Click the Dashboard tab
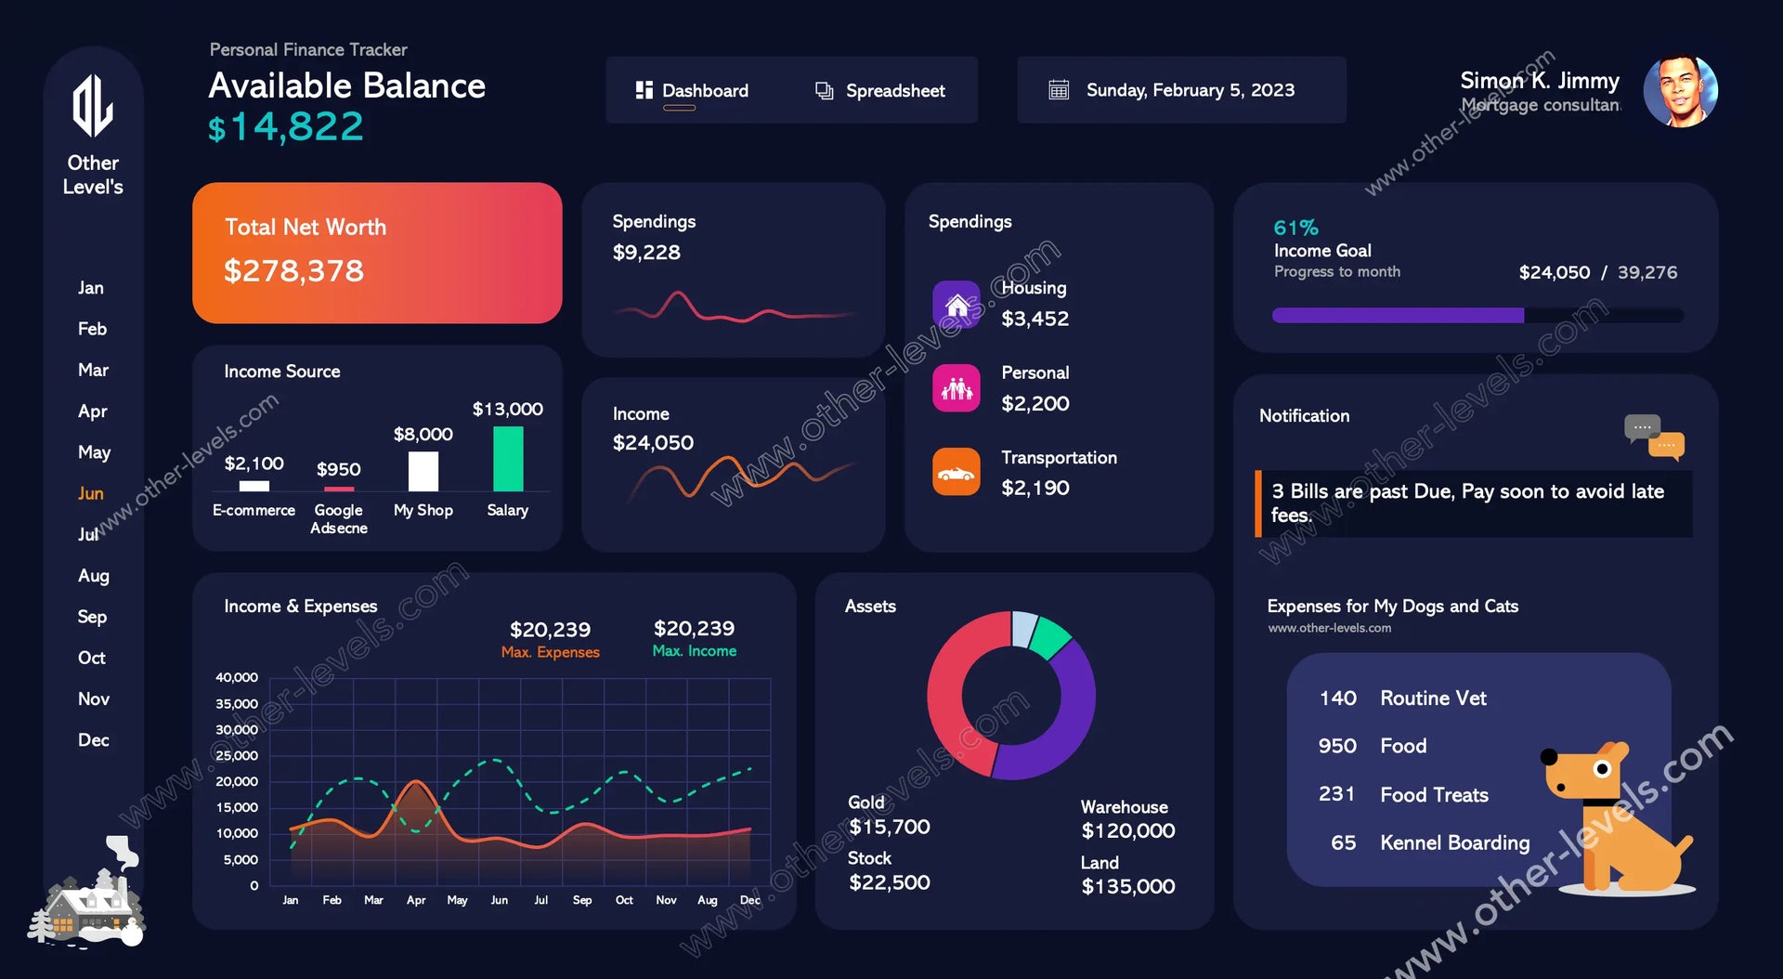[x=693, y=90]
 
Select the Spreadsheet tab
[x=879, y=90]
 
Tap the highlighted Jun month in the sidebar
[x=91, y=493]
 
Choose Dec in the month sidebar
[x=93, y=740]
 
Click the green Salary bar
[x=508, y=459]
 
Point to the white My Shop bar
[x=423, y=471]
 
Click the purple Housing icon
[x=957, y=305]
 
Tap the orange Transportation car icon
[x=957, y=472]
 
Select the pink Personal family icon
[x=957, y=388]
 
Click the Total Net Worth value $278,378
[x=293, y=271]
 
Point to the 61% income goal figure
[x=1295, y=228]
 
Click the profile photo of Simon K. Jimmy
[x=1680, y=91]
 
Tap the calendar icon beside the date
[x=1059, y=90]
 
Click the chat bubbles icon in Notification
[x=1654, y=437]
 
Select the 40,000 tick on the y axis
[x=237, y=678]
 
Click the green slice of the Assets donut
[x=1050, y=638]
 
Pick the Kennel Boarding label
[x=1454, y=842]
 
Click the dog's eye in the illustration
[x=1602, y=769]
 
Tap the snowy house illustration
[x=88, y=901]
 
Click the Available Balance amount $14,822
[x=286, y=127]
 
